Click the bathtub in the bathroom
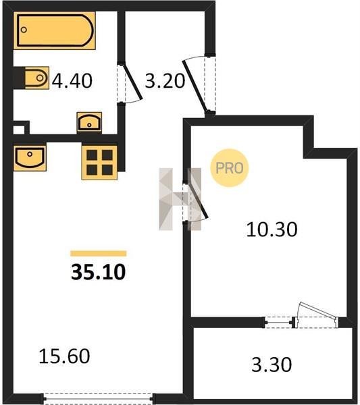tap(55, 30)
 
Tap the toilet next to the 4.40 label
tap(36, 78)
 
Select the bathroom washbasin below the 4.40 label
tap(89, 122)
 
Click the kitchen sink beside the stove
tap(30, 157)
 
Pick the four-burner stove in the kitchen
tap(99, 163)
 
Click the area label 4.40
tap(72, 81)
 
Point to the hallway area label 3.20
tap(165, 81)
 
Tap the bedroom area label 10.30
tap(272, 230)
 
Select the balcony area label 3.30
tap(272, 364)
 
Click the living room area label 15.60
tap(64, 356)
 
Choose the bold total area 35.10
tap(98, 272)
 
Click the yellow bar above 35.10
tap(99, 253)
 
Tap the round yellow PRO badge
tap(229, 168)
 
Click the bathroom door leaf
tap(132, 82)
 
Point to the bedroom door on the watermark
tap(199, 200)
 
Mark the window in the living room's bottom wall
tap(98, 398)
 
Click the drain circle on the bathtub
tap(24, 30)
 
